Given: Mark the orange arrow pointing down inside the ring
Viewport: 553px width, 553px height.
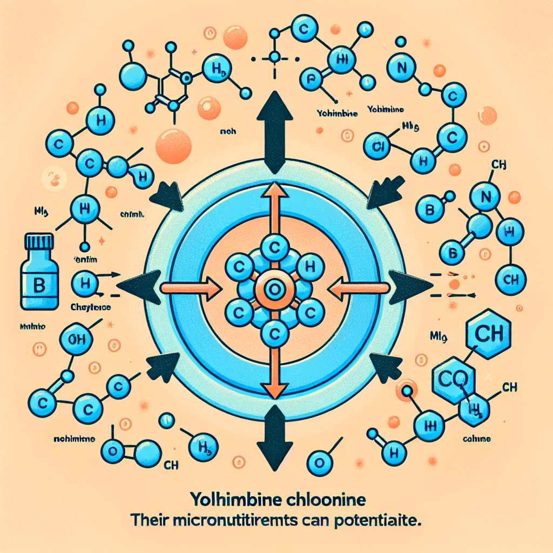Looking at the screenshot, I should pyautogui.click(x=275, y=373).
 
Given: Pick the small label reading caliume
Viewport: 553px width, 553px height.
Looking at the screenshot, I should pyautogui.click(x=476, y=439).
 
